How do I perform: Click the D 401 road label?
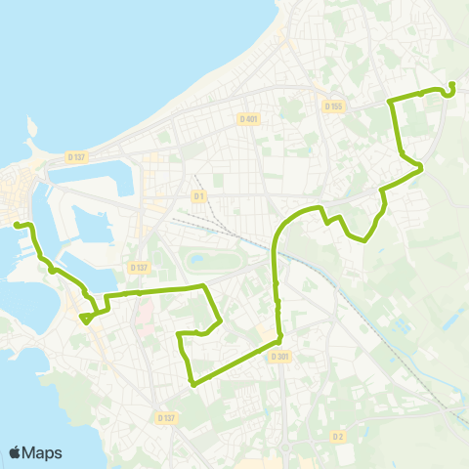[248, 119]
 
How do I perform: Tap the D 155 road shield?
[333, 106]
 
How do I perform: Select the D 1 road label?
[198, 195]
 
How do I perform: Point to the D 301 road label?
[280, 357]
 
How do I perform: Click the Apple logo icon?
[16, 451]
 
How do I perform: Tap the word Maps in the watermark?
[42, 452]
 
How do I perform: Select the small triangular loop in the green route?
[88, 318]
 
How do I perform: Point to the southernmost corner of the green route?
[192, 384]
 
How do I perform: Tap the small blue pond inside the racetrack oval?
[197, 261]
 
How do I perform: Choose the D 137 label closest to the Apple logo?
[166, 418]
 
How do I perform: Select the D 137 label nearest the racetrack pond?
[139, 268]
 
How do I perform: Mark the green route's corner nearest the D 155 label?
[392, 101]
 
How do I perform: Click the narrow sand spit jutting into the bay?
[32, 127]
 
